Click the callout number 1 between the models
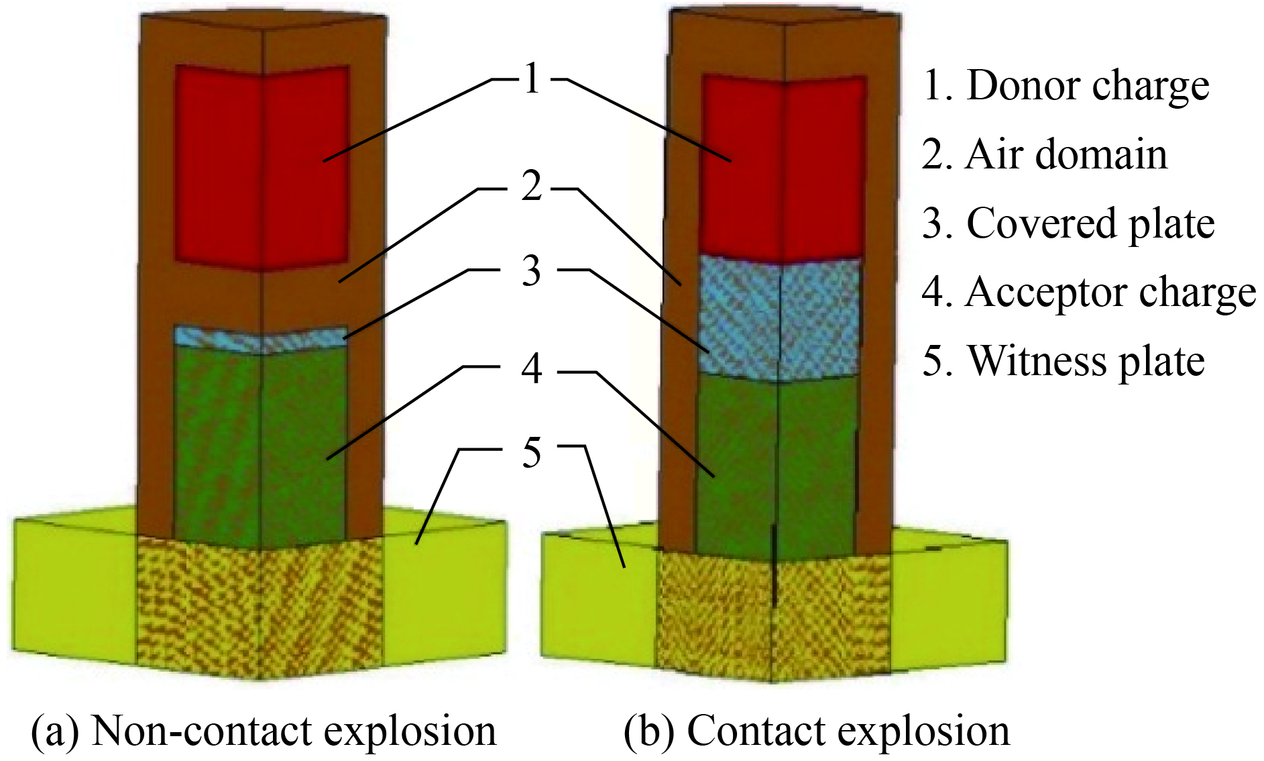531,79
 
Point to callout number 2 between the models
531,186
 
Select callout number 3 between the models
531,271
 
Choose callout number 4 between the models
531,368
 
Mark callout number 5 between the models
531,452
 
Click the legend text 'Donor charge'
1088,86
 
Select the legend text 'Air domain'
1066,155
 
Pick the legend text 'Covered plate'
1090,223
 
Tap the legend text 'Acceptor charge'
1110,293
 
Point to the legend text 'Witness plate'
1086,361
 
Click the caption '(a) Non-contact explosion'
264,730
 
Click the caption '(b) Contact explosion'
816,730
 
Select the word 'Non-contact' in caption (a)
181,730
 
